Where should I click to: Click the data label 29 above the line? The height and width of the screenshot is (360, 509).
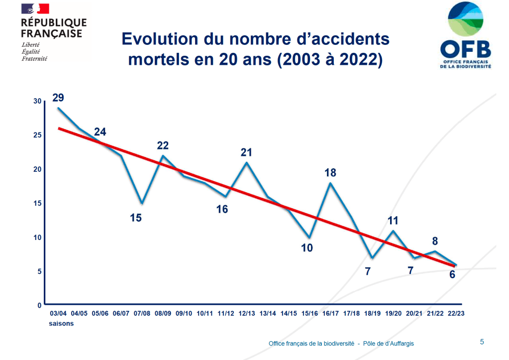click(58, 98)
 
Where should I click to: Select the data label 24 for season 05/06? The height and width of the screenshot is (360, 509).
click(100, 132)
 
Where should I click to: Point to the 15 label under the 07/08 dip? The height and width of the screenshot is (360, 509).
click(136, 218)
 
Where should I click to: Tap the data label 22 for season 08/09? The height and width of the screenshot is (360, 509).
click(163, 145)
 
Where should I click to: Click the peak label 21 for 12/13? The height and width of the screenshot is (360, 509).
click(246, 152)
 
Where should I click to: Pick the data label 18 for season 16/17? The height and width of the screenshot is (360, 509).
click(330, 173)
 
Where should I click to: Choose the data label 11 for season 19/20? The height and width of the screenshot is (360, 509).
click(393, 221)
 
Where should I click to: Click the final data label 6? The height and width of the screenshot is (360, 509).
click(452, 274)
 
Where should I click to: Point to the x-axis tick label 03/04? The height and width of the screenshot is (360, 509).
click(59, 314)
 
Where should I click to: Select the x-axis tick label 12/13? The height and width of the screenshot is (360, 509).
click(247, 314)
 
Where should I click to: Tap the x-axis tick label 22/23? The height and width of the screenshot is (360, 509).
click(456, 314)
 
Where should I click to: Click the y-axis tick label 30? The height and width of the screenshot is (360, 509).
click(37, 101)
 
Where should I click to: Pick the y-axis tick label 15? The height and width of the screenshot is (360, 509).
click(37, 203)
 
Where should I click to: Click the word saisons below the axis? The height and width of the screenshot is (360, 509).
click(61, 324)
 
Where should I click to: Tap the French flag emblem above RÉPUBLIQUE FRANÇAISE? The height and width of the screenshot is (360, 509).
click(35, 9)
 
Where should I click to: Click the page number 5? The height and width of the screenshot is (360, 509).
click(482, 342)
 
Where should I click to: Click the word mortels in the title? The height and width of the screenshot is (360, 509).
click(156, 59)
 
